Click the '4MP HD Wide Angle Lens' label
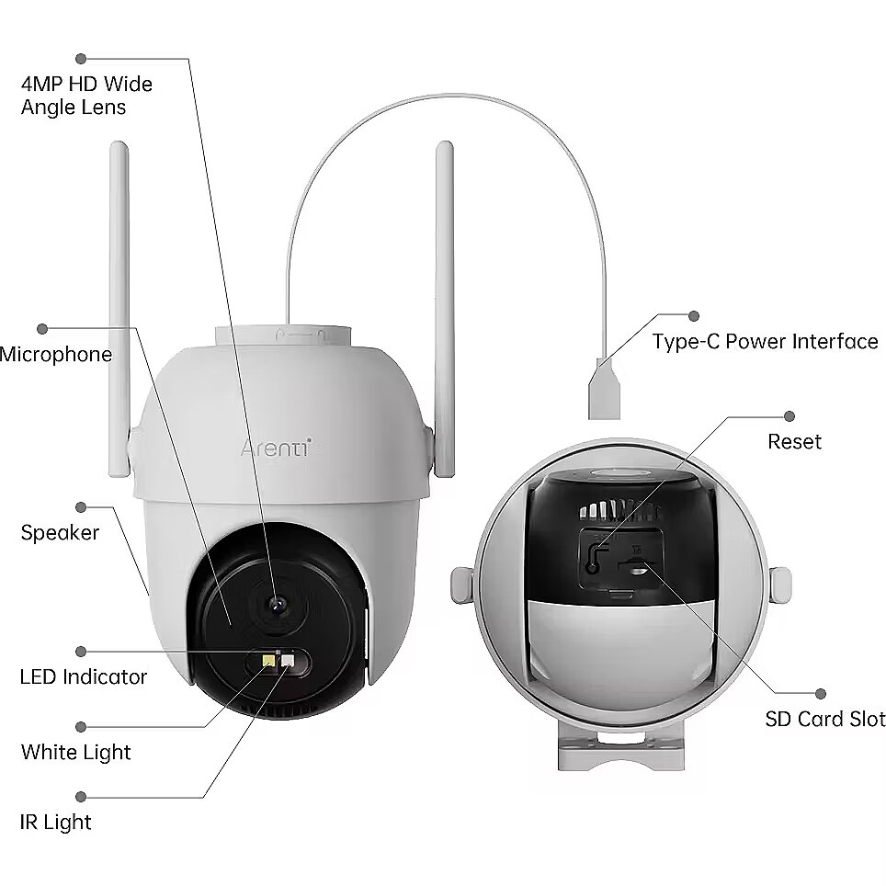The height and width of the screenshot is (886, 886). (86, 96)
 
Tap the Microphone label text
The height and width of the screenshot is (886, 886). (56, 354)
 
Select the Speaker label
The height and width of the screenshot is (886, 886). (60, 532)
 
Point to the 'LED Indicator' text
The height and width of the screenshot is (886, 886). (83, 676)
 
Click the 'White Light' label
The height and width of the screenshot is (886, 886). (75, 752)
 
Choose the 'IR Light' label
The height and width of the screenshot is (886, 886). (55, 822)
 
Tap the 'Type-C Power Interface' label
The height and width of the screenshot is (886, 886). (765, 341)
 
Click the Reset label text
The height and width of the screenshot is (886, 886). (794, 441)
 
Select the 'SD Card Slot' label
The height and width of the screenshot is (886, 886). (825, 719)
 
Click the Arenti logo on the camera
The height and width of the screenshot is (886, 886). (276, 449)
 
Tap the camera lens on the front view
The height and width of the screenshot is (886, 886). (277, 605)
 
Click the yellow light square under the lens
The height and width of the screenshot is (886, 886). (268, 661)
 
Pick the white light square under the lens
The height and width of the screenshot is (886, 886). (288, 661)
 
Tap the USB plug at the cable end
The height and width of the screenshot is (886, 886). (604, 390)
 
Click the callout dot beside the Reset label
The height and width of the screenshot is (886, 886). (789, 416)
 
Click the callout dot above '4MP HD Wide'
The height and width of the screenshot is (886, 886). (81, 58)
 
